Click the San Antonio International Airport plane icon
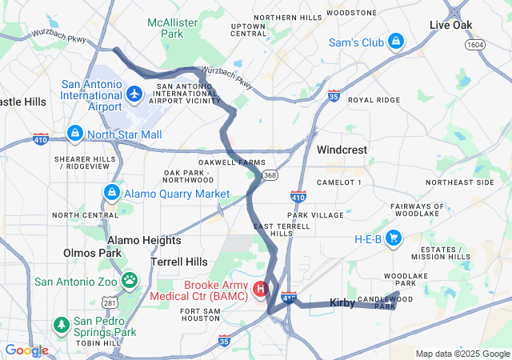click(x=134, y=95)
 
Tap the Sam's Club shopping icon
click(x=395, y=42)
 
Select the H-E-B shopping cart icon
click(x=394, y=238)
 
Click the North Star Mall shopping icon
click(x=74, y=134)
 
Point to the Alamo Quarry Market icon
click(x=111, y=193)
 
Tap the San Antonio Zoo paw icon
click(x=130, y=281)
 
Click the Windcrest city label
click(x=342, y=150)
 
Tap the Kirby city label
click(x=342, y=303)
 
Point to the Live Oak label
click(x=451, y=26)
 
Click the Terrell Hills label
click(x=179, y=262)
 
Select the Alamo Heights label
click(x=144, y=240)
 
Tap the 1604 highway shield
click(x=477, y=46)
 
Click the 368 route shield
click(x=271, y=175)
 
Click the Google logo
click(x=26, y=350)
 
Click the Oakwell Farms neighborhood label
click(x=231, y=162)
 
